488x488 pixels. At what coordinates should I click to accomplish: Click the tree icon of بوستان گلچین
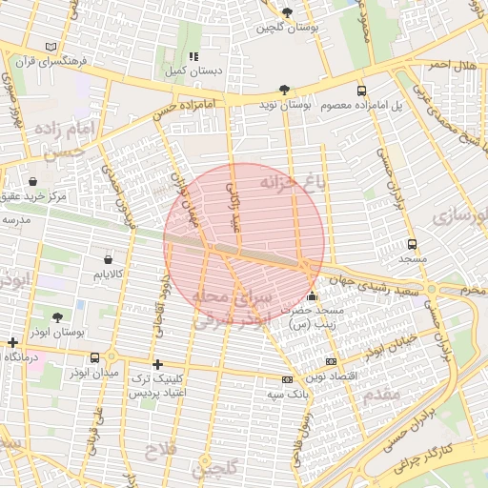(287, 12)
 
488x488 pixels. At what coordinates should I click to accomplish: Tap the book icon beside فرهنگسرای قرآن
(50, 47)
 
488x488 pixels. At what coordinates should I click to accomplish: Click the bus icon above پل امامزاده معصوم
(360, 90)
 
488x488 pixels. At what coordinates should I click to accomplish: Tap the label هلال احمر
(451, 64)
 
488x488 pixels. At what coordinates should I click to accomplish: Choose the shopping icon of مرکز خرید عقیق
(33, 181)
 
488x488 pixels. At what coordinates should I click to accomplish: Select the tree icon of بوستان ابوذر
(57, 317)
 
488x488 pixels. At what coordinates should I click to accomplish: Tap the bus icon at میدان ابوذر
(93, 357)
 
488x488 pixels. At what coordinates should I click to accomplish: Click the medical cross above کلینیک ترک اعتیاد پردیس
(157, 364)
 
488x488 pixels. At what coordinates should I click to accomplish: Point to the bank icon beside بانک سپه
(287, 378)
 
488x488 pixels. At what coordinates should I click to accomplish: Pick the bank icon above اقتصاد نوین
(331, 361)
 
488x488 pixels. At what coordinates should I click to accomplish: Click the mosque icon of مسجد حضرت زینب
(314, 296)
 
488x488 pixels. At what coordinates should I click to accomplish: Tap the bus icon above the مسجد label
(412, 244)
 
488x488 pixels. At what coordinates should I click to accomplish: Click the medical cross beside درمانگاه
(12, 342)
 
